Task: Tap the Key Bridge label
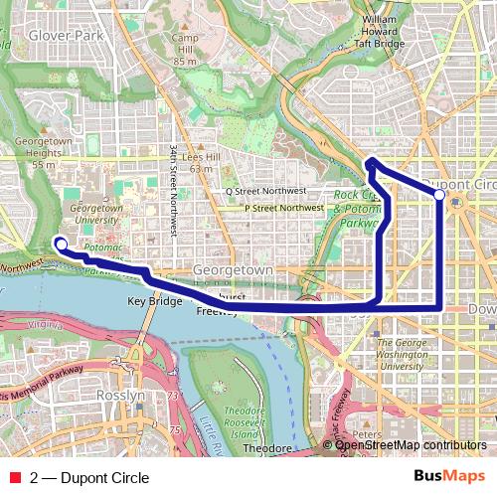155,300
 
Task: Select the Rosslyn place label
118,395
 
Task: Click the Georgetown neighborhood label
233,269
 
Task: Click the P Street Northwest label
283,208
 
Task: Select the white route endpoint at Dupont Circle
439,195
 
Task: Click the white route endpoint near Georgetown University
61,244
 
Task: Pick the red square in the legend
15,478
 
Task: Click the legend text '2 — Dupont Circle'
89,478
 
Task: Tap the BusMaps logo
448,477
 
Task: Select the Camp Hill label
183,49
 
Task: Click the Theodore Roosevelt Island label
245,423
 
